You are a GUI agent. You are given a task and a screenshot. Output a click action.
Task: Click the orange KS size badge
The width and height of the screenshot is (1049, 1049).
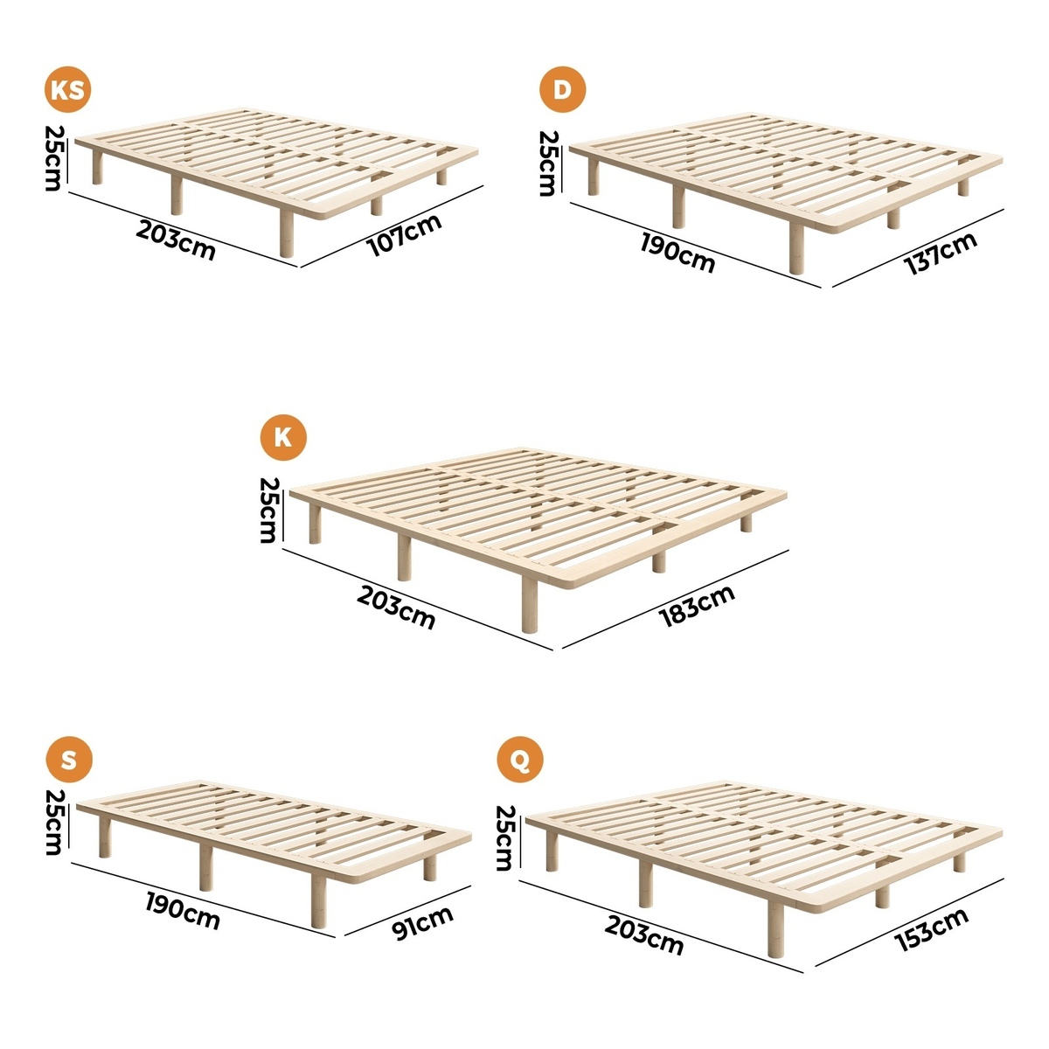click(67, 90)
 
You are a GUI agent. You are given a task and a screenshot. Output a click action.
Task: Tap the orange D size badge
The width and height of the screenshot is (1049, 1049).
click(562, 90)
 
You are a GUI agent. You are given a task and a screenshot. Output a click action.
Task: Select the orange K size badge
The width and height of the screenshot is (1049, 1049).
click(283, 437)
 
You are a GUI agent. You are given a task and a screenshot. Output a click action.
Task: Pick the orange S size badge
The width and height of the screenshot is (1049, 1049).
click(68, 760)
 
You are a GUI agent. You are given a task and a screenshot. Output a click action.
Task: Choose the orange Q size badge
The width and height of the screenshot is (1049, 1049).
click(520, 760)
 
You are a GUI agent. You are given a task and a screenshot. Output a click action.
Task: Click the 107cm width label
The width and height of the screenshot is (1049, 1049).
click(405, 235)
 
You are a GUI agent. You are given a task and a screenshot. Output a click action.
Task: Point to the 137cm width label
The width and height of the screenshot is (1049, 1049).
click(941, 254)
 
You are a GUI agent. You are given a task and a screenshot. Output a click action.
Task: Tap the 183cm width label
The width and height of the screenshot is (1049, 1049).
click(697, 605)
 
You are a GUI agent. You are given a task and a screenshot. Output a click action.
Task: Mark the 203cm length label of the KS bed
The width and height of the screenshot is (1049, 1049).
click(176, 240)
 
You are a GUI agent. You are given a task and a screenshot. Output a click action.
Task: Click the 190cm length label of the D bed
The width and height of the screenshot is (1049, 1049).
click(677, 252)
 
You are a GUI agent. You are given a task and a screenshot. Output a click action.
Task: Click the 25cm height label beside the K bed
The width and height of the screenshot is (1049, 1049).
click(269, 510)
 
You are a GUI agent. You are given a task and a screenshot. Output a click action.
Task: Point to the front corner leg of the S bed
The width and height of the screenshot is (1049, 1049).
click(319, 901)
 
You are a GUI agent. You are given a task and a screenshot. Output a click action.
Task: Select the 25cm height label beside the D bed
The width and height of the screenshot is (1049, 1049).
click(547, 163)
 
